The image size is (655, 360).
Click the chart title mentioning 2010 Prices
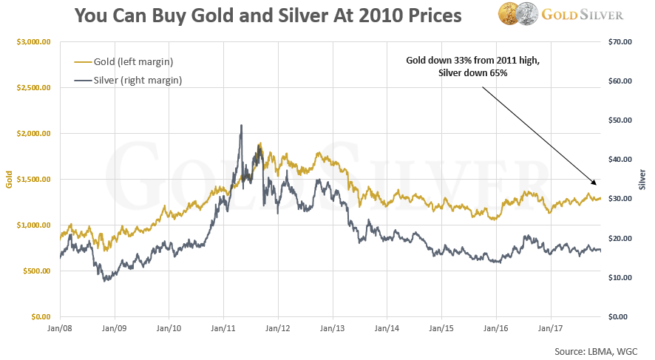(x=267, y=16)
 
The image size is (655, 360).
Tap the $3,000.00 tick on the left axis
(x=31, y=42)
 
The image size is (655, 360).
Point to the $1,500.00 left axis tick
(x=31, y=180)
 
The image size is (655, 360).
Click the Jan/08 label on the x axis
(x=60, y=325)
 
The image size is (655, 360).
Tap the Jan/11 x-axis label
(x=224, y=325)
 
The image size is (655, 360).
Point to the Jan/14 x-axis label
(x=387, y=325)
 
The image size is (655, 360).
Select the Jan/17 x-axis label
(x=551, y=325)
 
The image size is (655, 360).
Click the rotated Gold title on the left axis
(x=9, y=180)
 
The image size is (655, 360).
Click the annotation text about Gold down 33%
(x=473, y=67)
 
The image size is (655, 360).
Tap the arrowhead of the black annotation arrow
(x=595, y=183)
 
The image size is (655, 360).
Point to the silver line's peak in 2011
(x=241, y=126)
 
